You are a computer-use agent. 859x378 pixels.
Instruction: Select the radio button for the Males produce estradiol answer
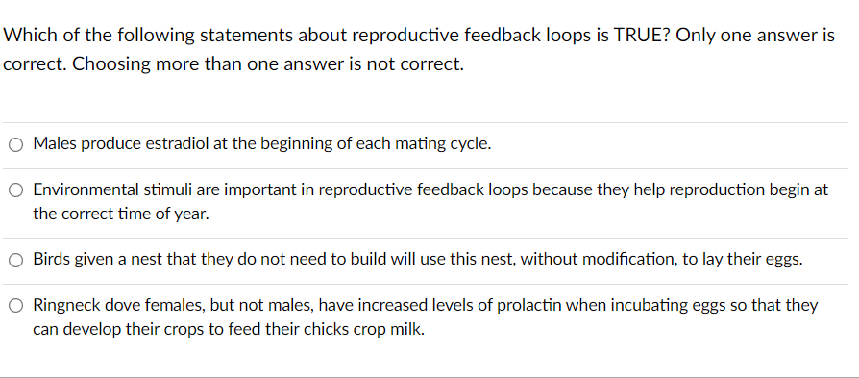(17, 145)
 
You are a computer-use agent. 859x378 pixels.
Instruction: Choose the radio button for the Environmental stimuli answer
(17, 190)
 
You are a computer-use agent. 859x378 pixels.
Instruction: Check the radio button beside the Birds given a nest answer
(17, 260)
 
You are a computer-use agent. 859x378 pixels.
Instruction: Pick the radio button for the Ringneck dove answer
(17, 306)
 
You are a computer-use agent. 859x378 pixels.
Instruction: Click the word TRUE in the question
(617, 36)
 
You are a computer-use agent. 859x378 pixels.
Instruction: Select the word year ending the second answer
(191, 213)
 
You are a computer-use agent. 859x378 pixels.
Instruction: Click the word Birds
(52, 259)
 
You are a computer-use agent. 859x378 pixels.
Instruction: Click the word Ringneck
(65, 305)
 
